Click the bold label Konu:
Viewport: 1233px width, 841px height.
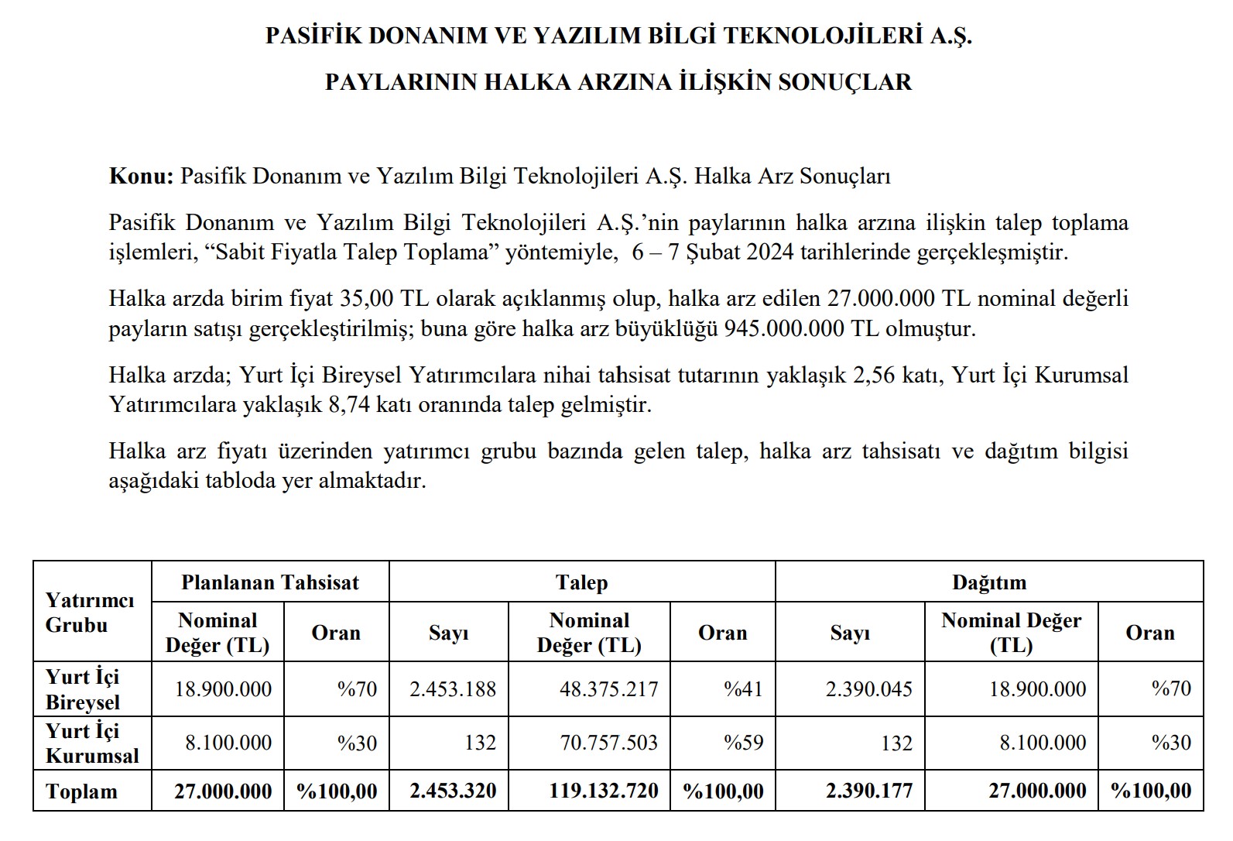142,176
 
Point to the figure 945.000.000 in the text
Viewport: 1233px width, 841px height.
783,328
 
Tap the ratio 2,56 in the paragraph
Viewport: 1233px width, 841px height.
874,375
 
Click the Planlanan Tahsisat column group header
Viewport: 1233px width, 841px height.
270,582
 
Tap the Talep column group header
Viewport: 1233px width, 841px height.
581,582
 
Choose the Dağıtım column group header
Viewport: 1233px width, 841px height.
988,582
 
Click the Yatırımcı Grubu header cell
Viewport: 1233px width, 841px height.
90,613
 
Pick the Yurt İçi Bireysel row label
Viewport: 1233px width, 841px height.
84,689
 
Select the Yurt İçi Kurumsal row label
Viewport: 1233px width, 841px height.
92,743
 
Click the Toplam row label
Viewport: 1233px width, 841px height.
82,791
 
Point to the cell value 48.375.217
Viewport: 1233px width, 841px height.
608,689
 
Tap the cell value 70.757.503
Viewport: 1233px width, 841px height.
608,743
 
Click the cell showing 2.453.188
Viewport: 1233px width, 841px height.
453,689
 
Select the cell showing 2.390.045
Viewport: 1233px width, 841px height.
868,689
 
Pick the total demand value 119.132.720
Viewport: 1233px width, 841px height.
604,791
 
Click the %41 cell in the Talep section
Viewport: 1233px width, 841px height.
743,689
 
